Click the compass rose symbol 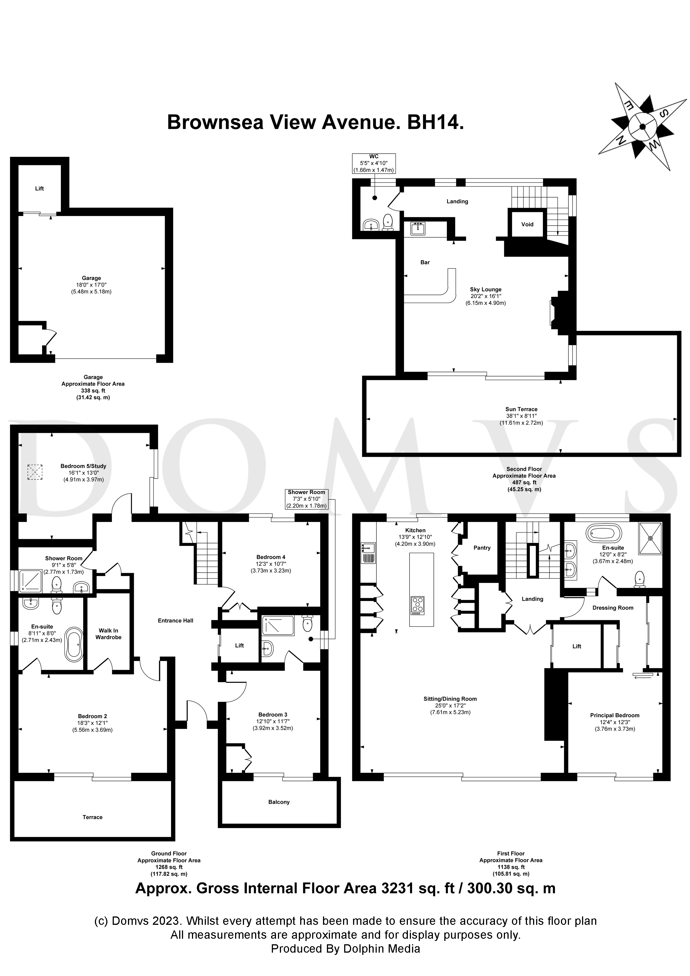(642, 126)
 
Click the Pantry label (482, 548)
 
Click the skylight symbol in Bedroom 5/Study (35, 472)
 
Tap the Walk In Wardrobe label (109, 634)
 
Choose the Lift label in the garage (40, 188)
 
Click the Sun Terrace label (521, 409)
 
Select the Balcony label (279, 802)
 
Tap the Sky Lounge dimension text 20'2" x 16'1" (486, 296)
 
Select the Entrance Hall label (176, 621)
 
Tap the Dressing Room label (613, 608)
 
